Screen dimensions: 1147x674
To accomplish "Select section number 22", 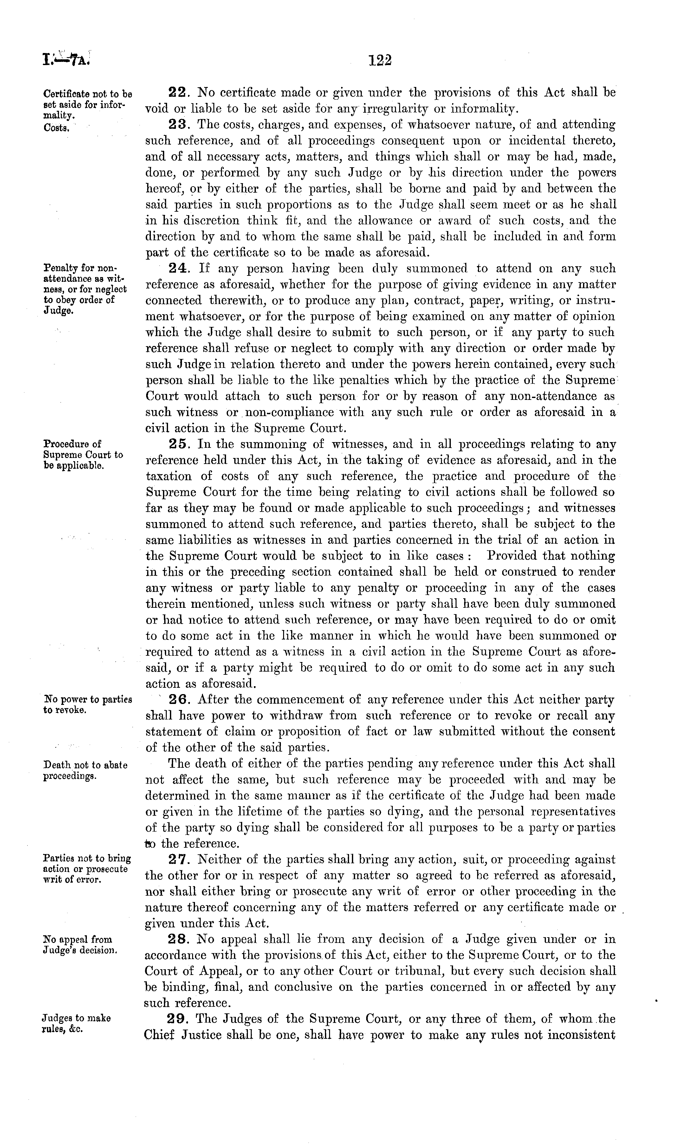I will (177, 93).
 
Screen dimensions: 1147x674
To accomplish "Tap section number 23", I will (177, 125).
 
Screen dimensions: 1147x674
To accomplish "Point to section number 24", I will (177, 269).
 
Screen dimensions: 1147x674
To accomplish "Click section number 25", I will (177, 444).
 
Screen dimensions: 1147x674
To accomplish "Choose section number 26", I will (177, 699).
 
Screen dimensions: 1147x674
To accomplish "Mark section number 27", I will (177, 859).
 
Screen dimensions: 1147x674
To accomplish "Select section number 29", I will (177, 1019).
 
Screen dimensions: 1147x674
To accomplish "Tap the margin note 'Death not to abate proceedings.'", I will (85, 770).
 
